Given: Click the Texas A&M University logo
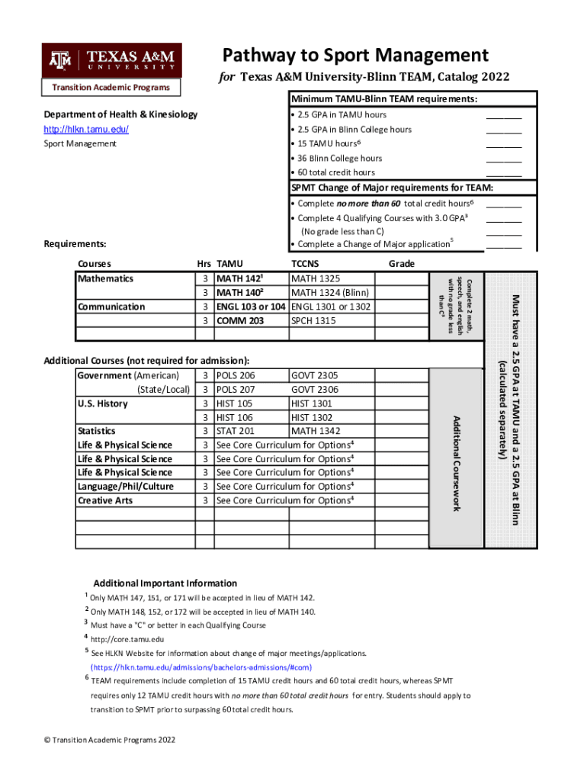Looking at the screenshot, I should (111, 60).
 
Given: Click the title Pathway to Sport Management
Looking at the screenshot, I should (355, 55).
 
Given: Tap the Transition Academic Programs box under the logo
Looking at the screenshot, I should (111, 87).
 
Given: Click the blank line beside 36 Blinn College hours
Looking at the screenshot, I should (504, 159).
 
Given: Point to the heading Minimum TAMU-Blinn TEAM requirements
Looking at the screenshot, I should (383, 100).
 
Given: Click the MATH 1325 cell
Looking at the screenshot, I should (316, 278).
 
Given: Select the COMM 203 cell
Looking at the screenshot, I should (240, 320).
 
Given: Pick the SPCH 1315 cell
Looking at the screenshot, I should (313, 320).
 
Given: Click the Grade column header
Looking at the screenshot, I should (401, 264).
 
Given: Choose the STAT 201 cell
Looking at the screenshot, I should (236, 431).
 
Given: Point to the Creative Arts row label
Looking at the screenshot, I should (104, 500).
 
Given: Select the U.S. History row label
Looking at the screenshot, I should (103, 403).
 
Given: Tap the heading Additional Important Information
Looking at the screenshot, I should (165, 583).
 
